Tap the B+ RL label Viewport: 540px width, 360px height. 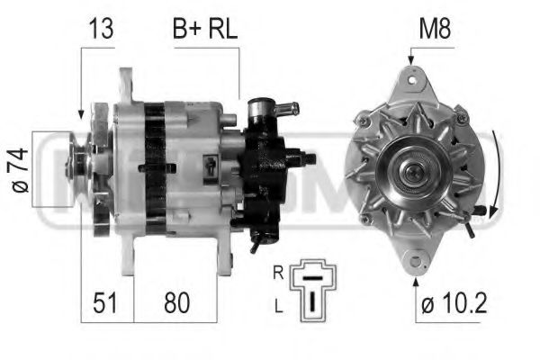204,28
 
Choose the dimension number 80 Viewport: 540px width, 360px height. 176,303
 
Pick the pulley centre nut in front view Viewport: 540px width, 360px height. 414,166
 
